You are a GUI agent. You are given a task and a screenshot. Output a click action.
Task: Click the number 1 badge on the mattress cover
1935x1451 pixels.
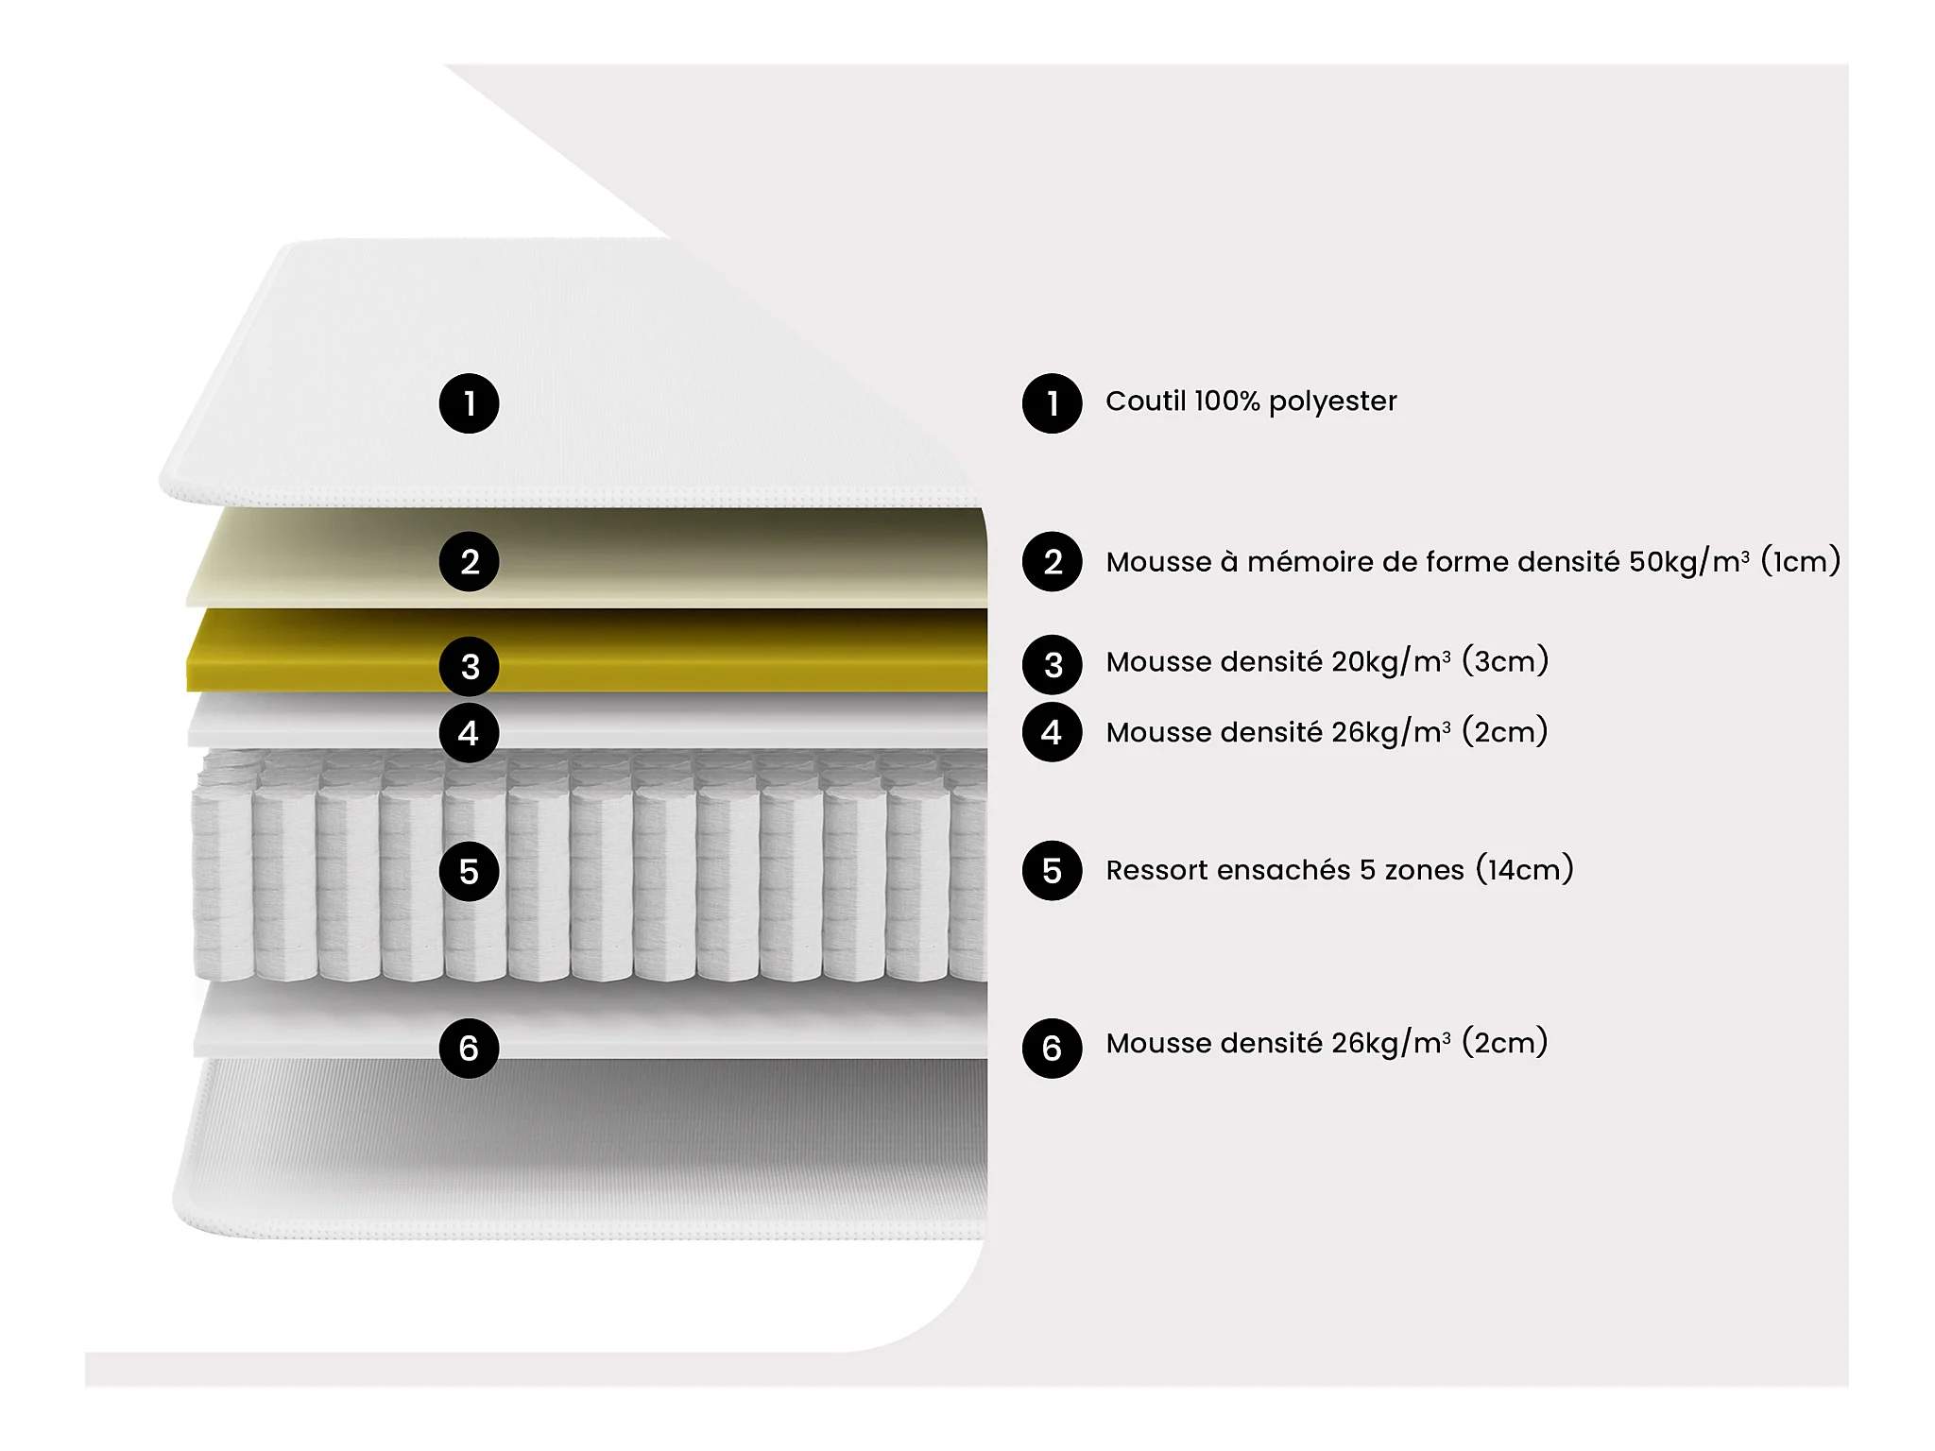coord(469,403)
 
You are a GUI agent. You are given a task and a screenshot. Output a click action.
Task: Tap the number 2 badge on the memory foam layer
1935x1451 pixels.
coord(469,562)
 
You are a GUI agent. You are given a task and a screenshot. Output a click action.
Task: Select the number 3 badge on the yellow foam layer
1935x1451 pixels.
coord(469,666)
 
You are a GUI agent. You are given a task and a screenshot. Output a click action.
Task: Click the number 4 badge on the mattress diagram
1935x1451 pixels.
coord(469,732)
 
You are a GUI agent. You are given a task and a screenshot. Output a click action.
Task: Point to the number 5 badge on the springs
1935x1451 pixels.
coord(469,871)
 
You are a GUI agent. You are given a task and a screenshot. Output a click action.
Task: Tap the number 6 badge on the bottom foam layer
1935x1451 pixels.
coord(469,1048)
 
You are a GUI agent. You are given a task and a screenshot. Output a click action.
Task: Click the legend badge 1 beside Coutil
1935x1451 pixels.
coord(1052,403)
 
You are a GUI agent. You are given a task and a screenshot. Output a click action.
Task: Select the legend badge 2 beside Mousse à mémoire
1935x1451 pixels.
coord(1052,562)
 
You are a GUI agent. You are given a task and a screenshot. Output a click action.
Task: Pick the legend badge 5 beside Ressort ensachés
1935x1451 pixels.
coord(1052,870)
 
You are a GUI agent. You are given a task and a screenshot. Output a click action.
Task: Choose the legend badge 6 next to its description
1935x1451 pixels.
coord(1052,1048)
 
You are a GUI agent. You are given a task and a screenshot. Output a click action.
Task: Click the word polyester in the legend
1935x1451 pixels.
coord(1332,402)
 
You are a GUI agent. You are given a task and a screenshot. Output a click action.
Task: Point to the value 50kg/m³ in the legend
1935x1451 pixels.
coord(1689,561)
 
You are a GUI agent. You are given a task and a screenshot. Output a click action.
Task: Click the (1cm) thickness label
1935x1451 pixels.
coord(1801,560)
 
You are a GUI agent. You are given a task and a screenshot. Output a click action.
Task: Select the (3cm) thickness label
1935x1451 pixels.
coord(1505,660)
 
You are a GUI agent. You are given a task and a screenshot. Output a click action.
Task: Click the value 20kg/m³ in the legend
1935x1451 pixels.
coord(1392,661)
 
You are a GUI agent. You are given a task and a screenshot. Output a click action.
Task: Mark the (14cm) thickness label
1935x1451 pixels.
coord(1524,868)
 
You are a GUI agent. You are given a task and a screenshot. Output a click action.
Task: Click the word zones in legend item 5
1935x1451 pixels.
coord(1425,870)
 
